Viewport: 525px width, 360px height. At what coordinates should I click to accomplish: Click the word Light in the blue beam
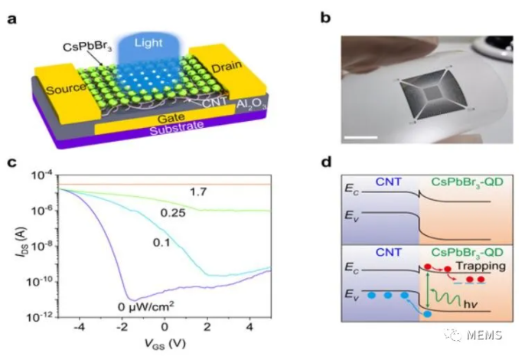148,43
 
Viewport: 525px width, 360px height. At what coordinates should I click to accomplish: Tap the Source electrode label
66,89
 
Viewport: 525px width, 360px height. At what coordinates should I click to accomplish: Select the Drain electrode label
227,67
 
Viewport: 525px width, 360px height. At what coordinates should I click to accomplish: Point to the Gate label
171,118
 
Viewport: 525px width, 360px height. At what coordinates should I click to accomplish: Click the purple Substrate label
177,128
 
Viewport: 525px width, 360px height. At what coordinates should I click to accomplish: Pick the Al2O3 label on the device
252,104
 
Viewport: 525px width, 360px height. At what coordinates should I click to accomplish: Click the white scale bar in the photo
360,137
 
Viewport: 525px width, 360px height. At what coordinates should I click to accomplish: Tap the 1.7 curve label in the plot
198,192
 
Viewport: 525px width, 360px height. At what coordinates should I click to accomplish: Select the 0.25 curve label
173,213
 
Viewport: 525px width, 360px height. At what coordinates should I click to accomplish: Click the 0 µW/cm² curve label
145,306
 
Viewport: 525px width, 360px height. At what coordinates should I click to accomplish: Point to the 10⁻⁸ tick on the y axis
41,247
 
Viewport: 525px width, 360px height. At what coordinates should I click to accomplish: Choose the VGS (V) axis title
165,344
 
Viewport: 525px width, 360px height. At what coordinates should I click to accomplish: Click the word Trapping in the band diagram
481,266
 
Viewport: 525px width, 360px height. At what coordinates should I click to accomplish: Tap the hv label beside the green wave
471,304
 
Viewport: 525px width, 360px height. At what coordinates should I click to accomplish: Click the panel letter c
12,162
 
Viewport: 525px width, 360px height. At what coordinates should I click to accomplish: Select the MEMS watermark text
484,335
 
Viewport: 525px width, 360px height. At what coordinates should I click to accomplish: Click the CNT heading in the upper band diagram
389,182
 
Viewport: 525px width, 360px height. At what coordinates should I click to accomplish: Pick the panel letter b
325,17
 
